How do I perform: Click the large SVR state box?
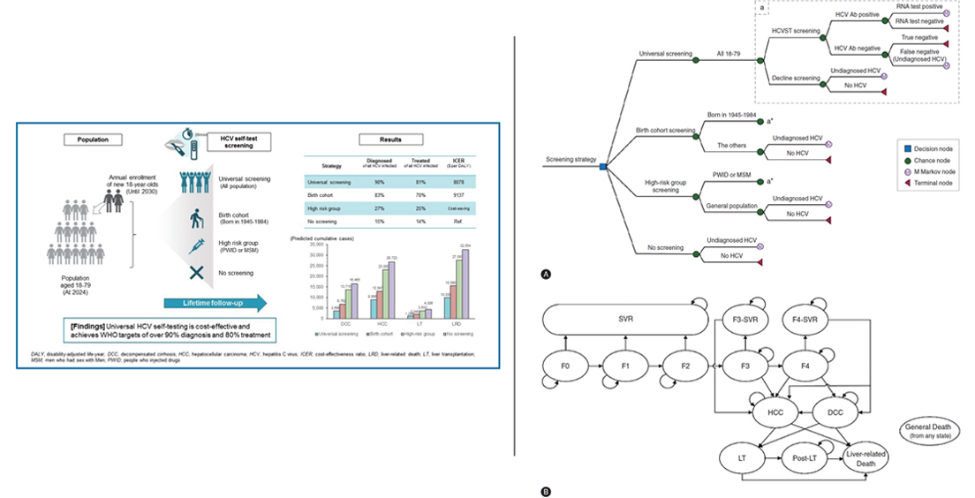(625, 319)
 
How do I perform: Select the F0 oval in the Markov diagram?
(564, 364)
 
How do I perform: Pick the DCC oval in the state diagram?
(835, 411)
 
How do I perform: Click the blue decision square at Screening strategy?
(602, 166)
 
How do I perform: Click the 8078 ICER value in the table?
(455, 182)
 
